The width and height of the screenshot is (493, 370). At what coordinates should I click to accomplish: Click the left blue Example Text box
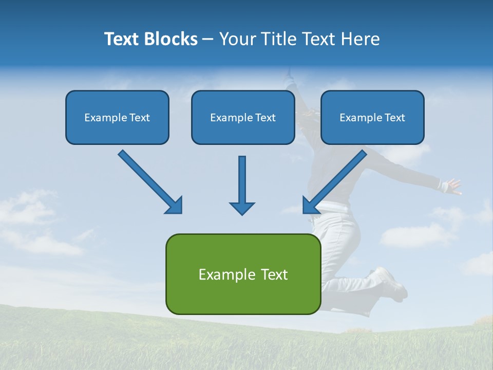[x=117, y=117]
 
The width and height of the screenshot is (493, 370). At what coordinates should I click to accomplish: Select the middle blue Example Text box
[x=243, y=117]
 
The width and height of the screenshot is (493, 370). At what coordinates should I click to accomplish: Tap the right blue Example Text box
[x=372, y=117]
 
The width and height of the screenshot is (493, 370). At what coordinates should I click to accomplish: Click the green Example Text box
[x=243, y=274]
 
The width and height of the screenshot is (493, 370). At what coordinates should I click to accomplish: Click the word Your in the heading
[x=237, y=39]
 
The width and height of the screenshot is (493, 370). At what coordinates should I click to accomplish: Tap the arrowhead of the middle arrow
[x=242, y=208]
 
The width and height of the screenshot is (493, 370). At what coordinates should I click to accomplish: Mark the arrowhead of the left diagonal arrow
[x=175, y=206]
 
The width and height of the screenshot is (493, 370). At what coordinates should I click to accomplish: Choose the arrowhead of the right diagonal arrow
[x=310, y=206]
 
